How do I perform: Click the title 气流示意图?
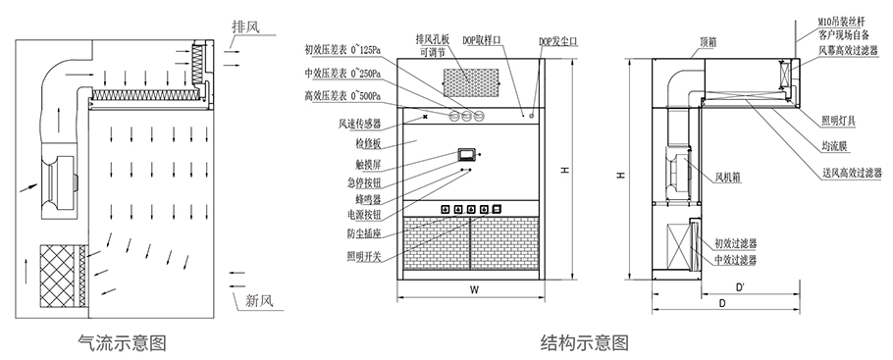tap(122, 342)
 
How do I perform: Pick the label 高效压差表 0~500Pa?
tap(342, 95)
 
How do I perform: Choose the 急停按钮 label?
tap(363, 181)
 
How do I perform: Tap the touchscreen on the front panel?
tap(465, 153)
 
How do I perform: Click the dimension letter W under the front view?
tap(473, 288)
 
